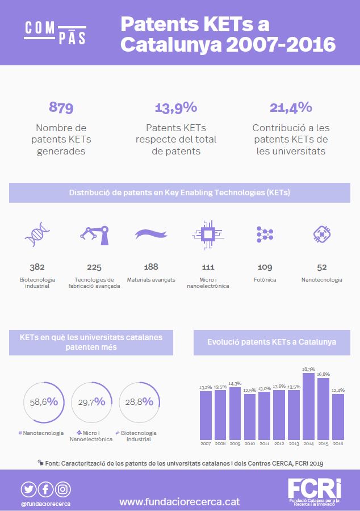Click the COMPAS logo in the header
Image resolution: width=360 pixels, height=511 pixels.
[55, 32]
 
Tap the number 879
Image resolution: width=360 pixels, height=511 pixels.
[61, 107]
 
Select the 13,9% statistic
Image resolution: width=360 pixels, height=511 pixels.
[176, 107]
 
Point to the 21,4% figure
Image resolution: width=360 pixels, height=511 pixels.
[291, 107]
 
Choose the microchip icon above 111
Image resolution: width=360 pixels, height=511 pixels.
[207, 233]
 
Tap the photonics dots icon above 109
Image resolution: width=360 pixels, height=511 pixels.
[265, 233]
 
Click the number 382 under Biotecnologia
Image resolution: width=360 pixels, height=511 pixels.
[37, 266]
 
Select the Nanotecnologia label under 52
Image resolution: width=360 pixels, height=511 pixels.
[322, 279]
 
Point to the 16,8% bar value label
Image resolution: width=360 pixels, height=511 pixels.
[323, 374]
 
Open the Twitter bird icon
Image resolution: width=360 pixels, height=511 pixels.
[29, 489]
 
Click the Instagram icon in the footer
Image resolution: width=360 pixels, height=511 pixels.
[63, 489]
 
